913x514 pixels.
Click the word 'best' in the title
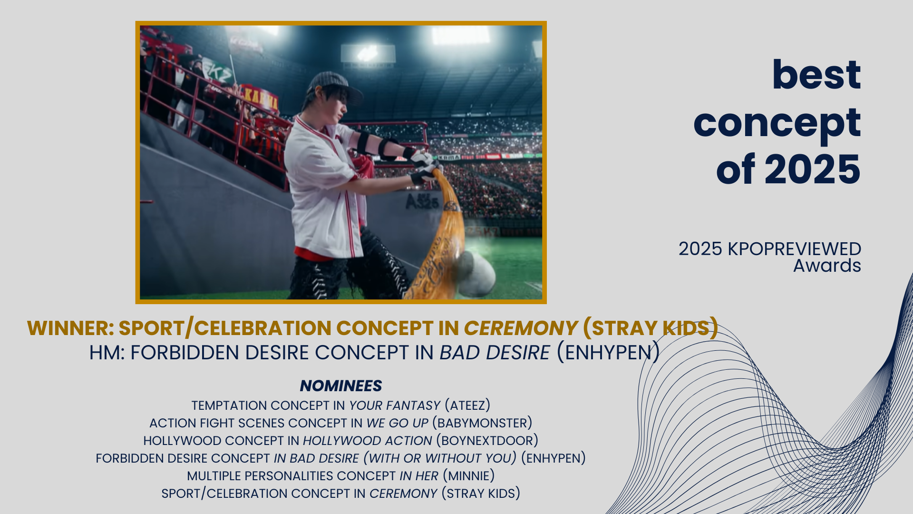click(x=816, y=75)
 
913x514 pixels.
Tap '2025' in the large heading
click(x=813, y=169)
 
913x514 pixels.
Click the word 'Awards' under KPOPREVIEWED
click(x=827, y=266)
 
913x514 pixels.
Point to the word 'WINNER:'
click(x=70, y=328)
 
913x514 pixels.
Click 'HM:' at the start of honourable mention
click(x=107, y=353)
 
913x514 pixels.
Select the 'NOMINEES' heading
click(x=341, y=385)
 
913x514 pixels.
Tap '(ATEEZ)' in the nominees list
click(x=467, y=405)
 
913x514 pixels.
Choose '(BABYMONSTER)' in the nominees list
click(x=482, y=423)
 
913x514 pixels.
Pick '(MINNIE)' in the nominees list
click(x=469, y=476)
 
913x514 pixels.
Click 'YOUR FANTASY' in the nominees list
click(x=395, y=405)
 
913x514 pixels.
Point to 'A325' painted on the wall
click(x=422, y=202)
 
